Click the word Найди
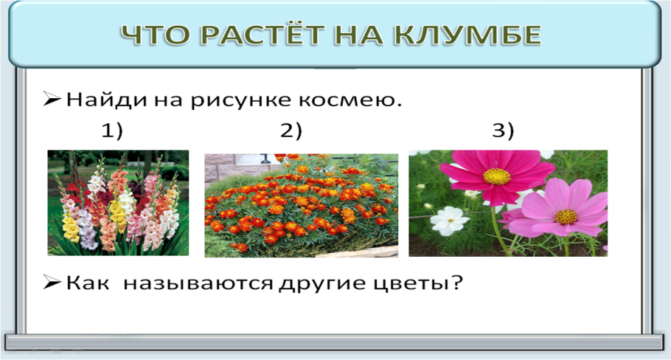coord(103,99)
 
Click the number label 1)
coord(112,131)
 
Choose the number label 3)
coord(503,131)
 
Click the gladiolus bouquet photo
coord(118,203)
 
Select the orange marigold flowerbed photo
coord(301,205)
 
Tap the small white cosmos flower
coord(449,221)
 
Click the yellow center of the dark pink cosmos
coord(497,177)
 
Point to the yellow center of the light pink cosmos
coord(566,217)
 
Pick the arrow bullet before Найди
coord(52,99)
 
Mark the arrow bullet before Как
coord(52,283)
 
